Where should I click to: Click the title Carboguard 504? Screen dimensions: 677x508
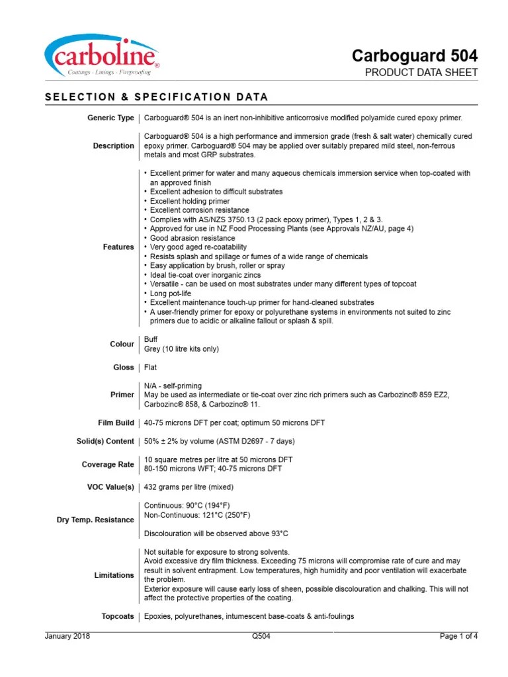pos(415,55)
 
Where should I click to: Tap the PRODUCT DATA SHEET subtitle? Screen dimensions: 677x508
pos(421,73)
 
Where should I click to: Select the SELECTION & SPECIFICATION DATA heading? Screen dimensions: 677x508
pos(156,97)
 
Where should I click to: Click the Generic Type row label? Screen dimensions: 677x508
pos(110,118)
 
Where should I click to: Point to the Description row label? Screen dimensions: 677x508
pos(113,146)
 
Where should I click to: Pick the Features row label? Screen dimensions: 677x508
pos(118,247)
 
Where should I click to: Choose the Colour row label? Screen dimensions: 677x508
pos(122,344)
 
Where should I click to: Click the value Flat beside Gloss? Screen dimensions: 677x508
pos(151,367)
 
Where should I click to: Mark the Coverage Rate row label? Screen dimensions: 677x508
pos(108,464)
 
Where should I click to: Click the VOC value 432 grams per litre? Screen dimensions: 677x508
pos(189,487)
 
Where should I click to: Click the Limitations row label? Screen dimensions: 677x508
pos(114,575)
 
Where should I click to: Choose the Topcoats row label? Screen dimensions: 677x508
pos(117,617)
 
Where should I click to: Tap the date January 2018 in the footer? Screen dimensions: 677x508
pos(67,637)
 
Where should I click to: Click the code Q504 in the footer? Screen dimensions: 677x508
pos(261,637)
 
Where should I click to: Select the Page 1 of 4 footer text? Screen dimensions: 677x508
pos(459,637)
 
